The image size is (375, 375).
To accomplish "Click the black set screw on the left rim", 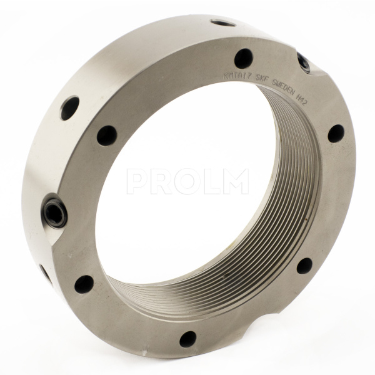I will coord(55,213).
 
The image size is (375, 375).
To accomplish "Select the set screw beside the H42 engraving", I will coord(304,62).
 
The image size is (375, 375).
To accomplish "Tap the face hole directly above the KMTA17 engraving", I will coord(243,58).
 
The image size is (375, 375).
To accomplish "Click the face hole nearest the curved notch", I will coord(304,266).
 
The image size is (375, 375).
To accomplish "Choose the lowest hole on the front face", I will coord(187,339).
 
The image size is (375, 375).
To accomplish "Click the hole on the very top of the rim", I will coord(223,23).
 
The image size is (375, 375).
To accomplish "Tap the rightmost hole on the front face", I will coord(336,133).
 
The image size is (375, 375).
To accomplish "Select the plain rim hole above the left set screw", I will coord(69,108).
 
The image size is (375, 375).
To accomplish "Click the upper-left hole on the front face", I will coord(107,135).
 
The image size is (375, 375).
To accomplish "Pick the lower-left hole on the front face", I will coord(84,284).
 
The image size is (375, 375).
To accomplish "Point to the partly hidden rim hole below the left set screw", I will coord(46,273).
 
